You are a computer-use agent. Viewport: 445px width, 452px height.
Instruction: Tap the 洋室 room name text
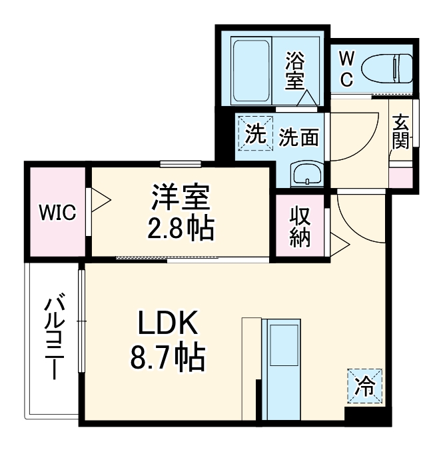coord(181,197)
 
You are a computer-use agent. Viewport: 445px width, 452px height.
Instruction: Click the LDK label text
coord(168,325)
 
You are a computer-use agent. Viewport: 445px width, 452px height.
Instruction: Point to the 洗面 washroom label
coord(298,137)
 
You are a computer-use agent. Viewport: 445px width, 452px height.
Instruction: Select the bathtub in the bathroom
coord(251,69)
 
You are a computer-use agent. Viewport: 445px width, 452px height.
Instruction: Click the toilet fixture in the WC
coord(388,67)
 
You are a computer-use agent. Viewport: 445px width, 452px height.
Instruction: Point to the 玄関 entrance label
coord(400,132)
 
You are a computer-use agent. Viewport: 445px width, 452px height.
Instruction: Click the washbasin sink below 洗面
coord(307,174)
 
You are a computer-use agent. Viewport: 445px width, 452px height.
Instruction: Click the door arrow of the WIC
coord(101,198)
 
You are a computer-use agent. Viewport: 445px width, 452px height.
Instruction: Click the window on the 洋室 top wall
coord(181,163)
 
